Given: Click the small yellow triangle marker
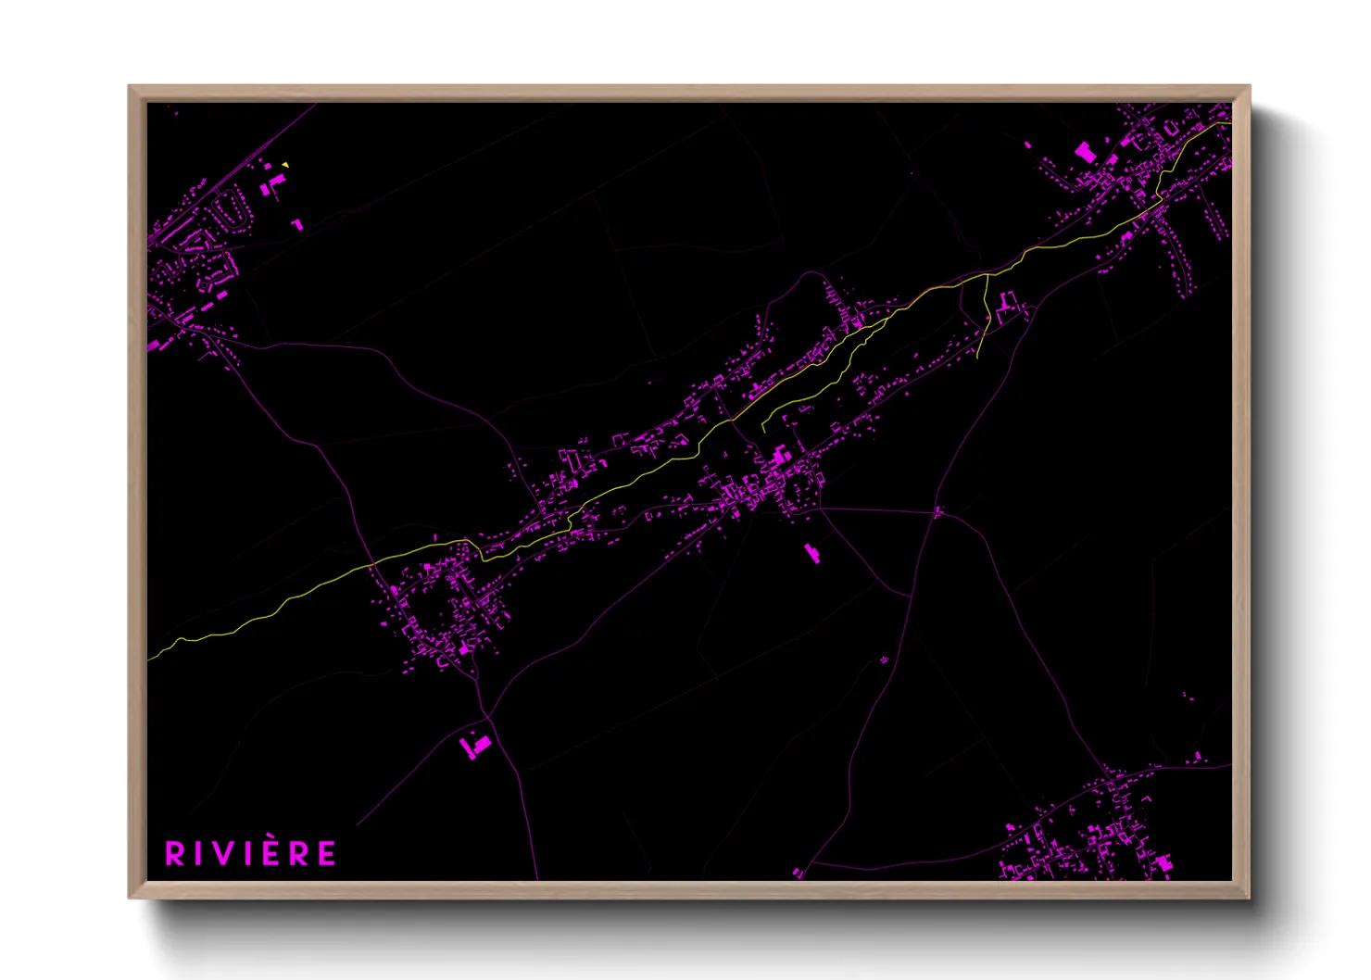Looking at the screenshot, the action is pyautogui.click(x=285, y=165).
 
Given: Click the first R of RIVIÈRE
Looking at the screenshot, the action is pyautogui.click(x=175, y=854).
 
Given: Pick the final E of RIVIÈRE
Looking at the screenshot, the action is pyautogui.click(x=326, y=854).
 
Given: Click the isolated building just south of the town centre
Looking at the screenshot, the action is pyautogui.click(x=812, y=553).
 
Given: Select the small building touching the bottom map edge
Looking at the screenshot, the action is pyautogui.click(x=798, y=873).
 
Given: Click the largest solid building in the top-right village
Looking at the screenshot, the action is pyautogui.click(x=1084, y=152).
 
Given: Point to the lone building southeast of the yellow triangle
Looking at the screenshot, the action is pyautogui.click(x=296, y=225).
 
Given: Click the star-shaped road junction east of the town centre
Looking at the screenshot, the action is pyautogui.click(x=937, y=510).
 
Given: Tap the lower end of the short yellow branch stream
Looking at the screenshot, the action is pyautogui.click(x=979, y=358).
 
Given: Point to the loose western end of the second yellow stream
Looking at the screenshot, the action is pyautogui.click(x=762, y=431).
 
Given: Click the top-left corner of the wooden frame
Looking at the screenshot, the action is pyautogui.click(x=130, y=86).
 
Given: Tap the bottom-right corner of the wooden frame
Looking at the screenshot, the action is pyautogui.click(x=1249, y=897).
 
